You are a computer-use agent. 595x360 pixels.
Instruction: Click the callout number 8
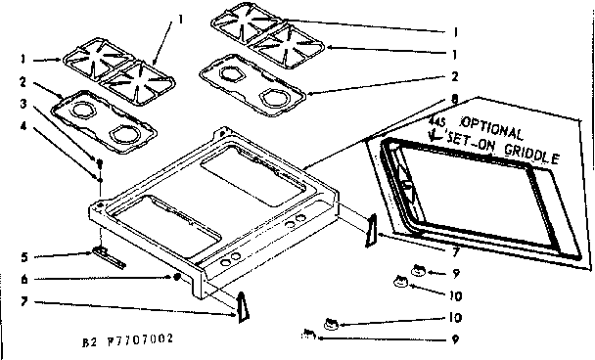click(453, 98)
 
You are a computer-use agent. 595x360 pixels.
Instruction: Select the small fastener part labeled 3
click(99, 160)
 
